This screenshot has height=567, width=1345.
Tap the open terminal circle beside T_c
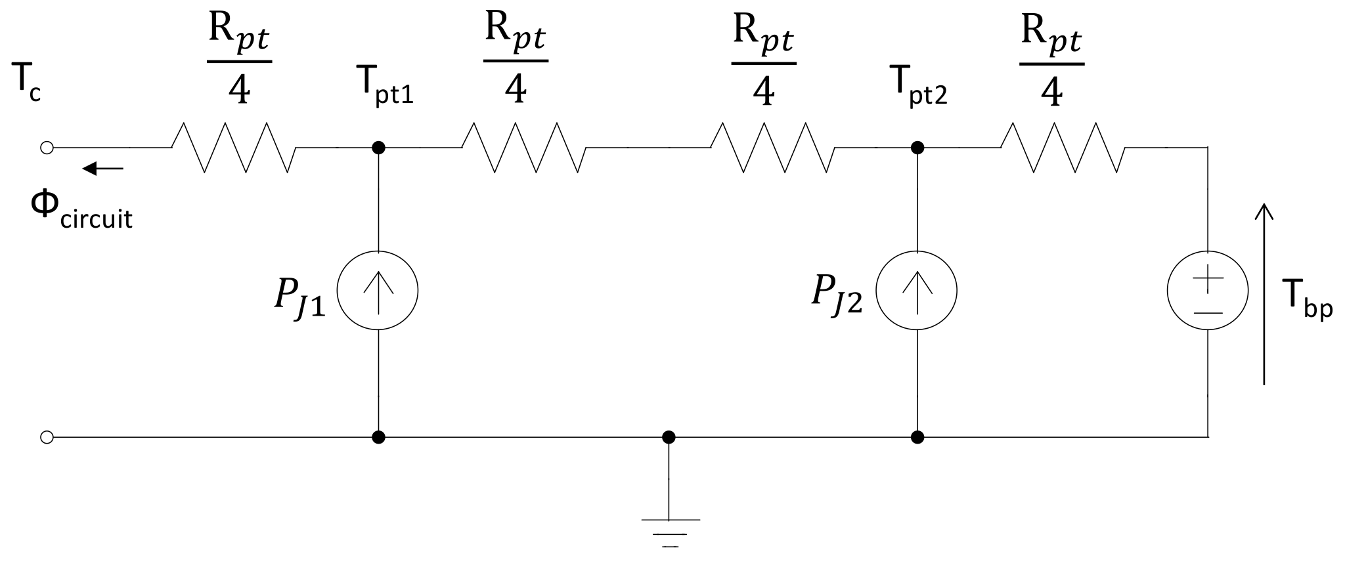pyautogui.click(x=47, y=148)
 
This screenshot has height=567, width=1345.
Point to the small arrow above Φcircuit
pyautogui.click(x=102, y=169)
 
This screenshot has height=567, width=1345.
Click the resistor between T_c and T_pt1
pyautogui.click(x=234, y=148)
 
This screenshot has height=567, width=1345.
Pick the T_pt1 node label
pyautogui.click(x=385, y=87)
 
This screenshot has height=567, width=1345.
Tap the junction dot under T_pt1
pyautogui.click(x=378, y=148)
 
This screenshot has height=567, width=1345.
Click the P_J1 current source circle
pyautogui.click(x=378, y=291)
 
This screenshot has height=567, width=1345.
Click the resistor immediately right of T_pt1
pyautogui.click(x=524, y=148)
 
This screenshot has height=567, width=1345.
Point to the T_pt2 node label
pyautogui.click(x=918, y=87)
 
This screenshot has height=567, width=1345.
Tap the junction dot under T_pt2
pyautogui.click(x=918, y=148)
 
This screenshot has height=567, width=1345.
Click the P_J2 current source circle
pyautogui.click(x=917, y=291)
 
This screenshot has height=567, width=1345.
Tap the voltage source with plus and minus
pyautogui.click(x=1208, y=291)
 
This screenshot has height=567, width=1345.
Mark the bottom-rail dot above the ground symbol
pyautogui.click(x=669, y=436)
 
